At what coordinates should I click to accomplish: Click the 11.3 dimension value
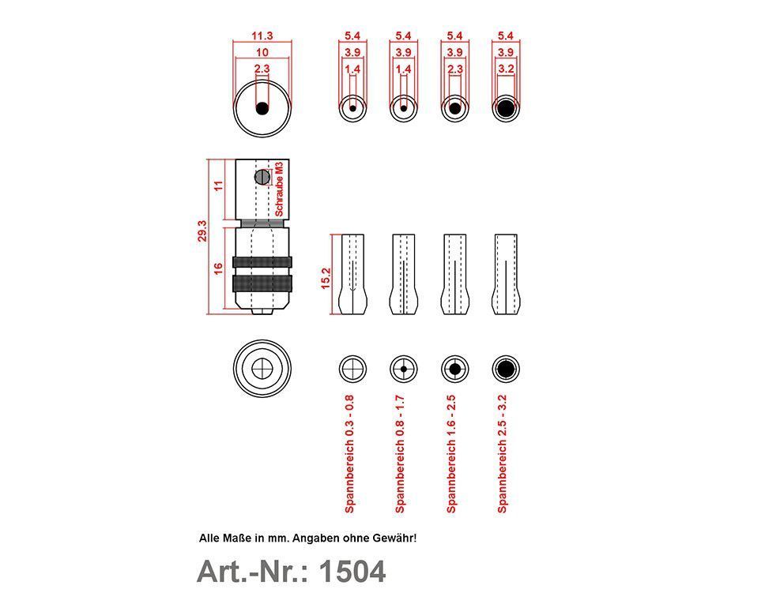tap(262, 36)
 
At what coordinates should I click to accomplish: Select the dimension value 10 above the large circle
tap(262, 53)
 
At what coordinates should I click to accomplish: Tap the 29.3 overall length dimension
tap(202, 231)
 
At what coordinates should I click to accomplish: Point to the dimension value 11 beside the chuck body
tap(218, 186)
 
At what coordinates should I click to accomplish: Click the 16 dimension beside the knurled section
tap(218, 268)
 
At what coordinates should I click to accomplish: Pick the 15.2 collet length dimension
tap(326, 279)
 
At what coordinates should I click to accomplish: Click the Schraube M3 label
tap(279, 189)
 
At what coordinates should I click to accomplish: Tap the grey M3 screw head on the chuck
tap(262, 177)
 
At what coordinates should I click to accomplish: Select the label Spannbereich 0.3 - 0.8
tap(349, 454)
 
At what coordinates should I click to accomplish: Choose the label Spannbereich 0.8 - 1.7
tap(400, 454)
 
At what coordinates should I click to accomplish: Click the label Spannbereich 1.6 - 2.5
tap(451, 454)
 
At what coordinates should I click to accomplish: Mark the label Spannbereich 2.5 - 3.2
tap(502, 454)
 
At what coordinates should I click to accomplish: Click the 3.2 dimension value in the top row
tap(506, 69)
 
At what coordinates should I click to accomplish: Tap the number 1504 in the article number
tap(352, 572)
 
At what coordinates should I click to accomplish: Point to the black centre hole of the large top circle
tap(262, 108)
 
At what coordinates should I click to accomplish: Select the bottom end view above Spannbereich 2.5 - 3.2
tap(506, 369)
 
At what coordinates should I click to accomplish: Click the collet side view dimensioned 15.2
tap(352, 274)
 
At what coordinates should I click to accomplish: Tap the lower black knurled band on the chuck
tap(262, 283)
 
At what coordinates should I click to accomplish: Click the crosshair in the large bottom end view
tap(262, 369)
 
